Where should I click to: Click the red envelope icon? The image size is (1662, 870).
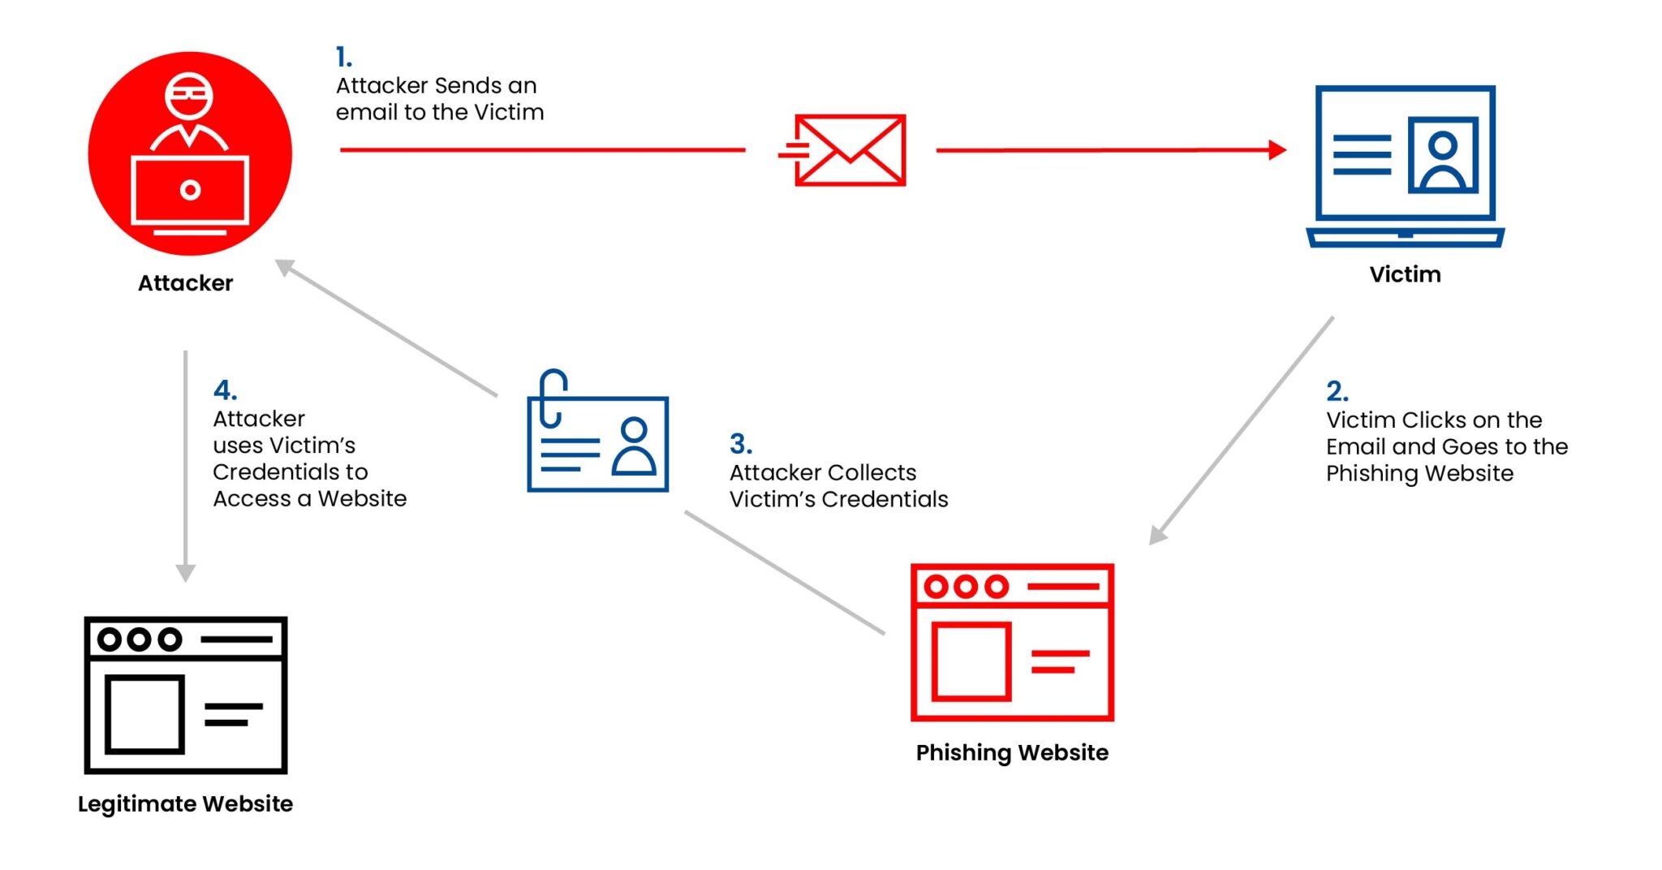pos(849,150)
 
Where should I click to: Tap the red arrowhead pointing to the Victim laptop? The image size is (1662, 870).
pos(1277,150)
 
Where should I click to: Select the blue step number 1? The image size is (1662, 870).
pos(343,57)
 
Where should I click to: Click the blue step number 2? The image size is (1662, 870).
pos(1337,391)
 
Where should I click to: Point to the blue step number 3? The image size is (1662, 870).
pos(740,444)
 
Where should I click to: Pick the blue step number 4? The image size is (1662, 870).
pos(224,390)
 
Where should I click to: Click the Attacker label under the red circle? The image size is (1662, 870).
pos(185,283)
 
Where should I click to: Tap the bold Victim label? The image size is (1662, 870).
pos(1405,274)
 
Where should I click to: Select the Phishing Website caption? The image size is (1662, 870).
pos(1011,752)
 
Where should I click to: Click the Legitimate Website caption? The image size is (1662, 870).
pos(185,803)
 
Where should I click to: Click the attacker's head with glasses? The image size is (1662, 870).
pos(189,95)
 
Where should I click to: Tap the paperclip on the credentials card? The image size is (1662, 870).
pos(553,398)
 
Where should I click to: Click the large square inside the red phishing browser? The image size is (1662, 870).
pos(971,661)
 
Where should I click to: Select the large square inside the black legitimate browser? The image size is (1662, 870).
pos(144,713)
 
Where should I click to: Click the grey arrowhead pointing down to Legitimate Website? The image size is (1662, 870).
pos(185,572)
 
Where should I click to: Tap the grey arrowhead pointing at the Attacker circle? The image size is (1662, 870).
pos(285,267)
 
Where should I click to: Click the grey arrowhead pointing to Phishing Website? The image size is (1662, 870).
pos(1158,535)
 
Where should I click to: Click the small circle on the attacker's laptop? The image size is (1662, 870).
pos(190,191)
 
